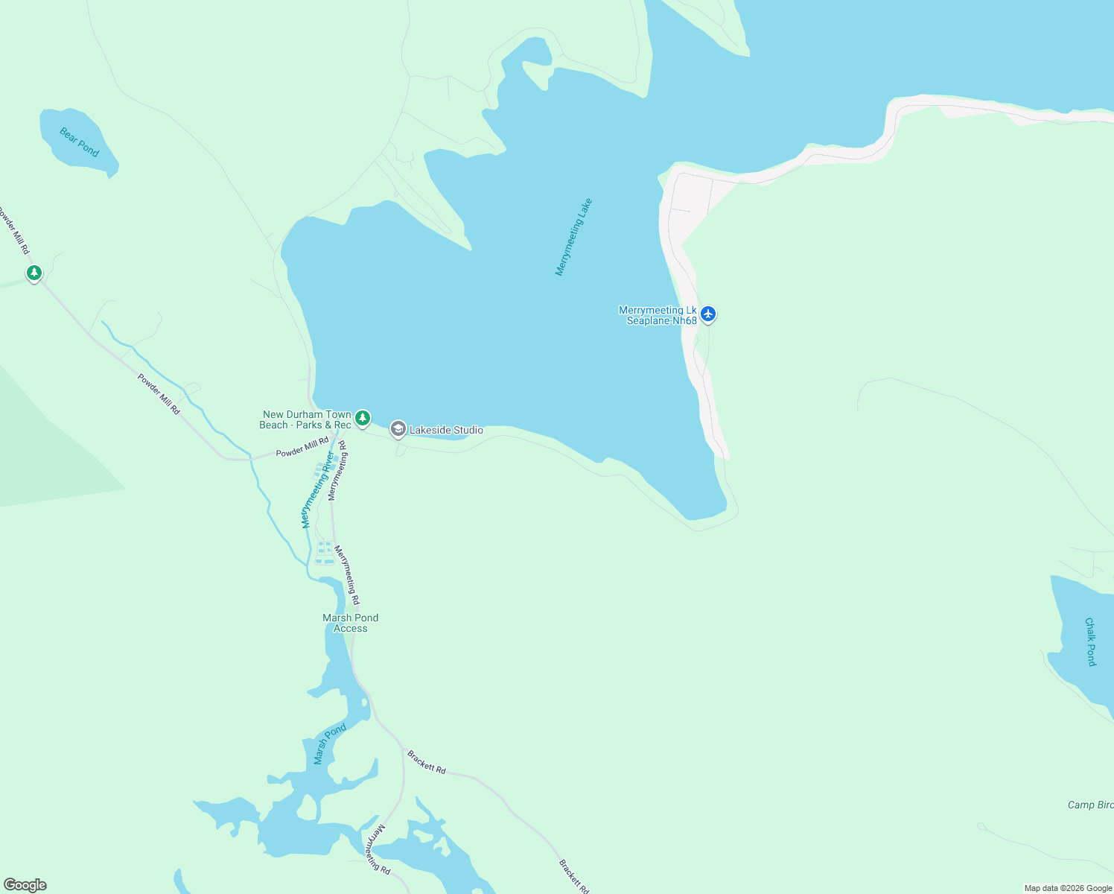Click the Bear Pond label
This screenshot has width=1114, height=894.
[79, 142]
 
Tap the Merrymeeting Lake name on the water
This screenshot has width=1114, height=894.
[573, 237]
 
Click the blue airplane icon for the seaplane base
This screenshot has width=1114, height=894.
[708, 314]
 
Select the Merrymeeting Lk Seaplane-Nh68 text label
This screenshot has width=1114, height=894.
[658, 315]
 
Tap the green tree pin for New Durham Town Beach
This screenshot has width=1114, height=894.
[363, 419]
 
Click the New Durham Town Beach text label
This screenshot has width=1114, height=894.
[305, 419]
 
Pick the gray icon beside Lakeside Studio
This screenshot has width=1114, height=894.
[398, 429]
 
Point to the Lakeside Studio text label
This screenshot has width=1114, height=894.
[446, 430]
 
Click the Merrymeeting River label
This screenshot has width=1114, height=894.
[317, 490]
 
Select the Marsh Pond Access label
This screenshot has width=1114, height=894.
[350, 623]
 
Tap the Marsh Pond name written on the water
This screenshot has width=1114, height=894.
[330, 744]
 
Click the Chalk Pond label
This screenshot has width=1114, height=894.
[1090, 641]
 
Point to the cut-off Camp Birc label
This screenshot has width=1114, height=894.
[1090, 805]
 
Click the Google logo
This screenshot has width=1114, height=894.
[25, 885]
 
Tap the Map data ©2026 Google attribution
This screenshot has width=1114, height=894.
[1068, 888]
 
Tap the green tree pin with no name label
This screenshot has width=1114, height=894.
[34, 273]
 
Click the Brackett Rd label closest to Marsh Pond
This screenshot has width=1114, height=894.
[427, 762]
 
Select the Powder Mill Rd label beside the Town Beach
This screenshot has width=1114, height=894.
[302, 447]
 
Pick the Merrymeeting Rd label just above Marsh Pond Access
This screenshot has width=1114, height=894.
[347, 574]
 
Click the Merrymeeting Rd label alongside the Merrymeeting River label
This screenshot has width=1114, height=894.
[337, 471]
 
